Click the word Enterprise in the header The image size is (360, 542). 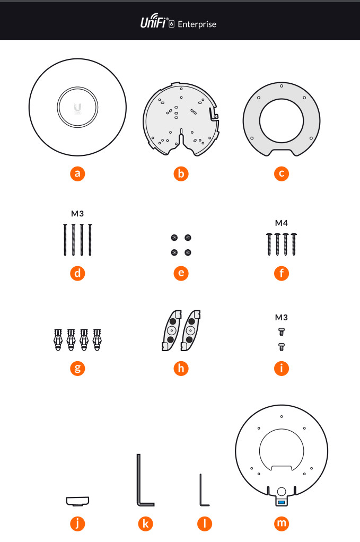coord(197,24)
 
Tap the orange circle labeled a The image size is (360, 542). coord(77,173)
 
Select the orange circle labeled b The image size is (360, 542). coord(181,173)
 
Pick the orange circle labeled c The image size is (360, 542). coord(282,173)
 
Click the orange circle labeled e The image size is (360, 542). coord(181,273)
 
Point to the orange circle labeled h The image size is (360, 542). coord(181,368)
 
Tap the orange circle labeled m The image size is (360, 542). coord(282,523)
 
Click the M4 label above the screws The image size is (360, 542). coord(281,223)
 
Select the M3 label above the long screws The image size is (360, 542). coord(77,214)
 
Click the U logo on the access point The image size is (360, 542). coord(77,108)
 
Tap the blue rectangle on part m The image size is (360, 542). coord(282,502)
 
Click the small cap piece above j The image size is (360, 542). coord(77,501)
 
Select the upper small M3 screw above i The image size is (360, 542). coord(282,332)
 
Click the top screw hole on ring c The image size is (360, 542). coord(282,86)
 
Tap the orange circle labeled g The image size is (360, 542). coord(77,368)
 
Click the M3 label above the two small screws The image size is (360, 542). coord(281,317)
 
